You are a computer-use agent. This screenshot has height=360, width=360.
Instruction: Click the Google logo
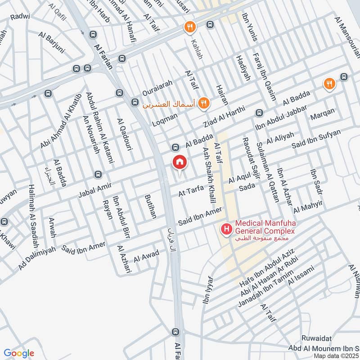point(18,353)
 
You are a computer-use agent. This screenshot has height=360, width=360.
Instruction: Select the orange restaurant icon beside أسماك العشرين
point(204,103)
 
